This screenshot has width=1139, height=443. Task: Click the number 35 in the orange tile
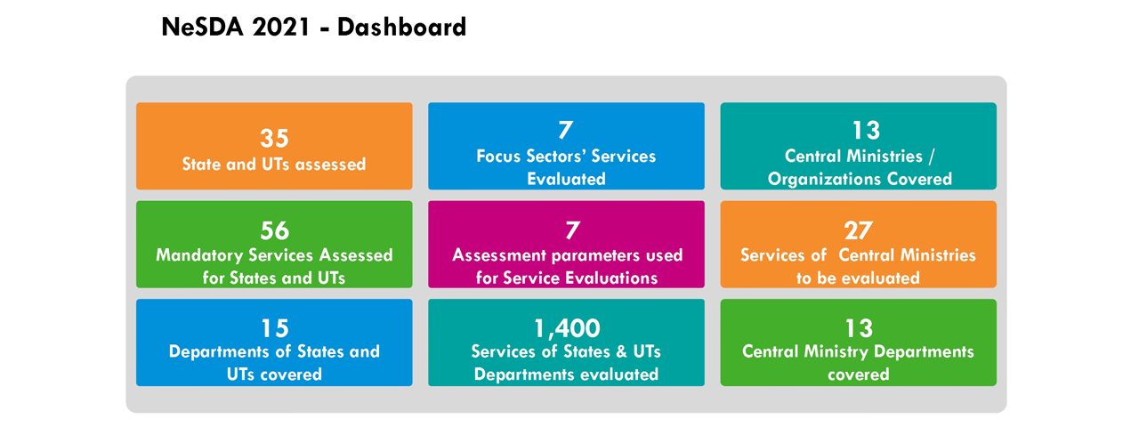coord(274,138)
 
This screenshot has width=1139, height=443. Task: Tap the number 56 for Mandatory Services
coord(275,230)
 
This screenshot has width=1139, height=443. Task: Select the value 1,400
coord(567,329)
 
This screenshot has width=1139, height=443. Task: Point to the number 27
coord(859,230)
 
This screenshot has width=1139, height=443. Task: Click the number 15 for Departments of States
coord(275,329)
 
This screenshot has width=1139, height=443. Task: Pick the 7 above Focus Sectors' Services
coord(565,130)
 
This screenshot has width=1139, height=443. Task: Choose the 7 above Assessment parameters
coord(572,230)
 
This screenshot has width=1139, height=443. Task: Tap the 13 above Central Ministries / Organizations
coord(866,131)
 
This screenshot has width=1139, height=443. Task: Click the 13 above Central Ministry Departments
coord(859,329)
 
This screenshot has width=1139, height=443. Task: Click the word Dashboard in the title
coord(401,27)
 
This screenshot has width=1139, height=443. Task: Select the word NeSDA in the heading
coord(202,27)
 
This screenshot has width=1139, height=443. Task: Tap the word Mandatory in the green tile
coord(199,255)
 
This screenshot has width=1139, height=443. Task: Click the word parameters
coord(596,255)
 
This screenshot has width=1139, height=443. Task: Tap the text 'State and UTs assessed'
coord(274,164)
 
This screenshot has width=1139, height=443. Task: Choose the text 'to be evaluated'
coord(858,278)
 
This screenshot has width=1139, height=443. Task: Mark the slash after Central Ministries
coord(931,157)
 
